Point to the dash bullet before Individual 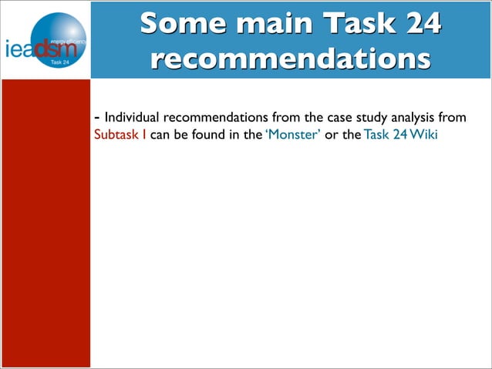pos(96,118)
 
